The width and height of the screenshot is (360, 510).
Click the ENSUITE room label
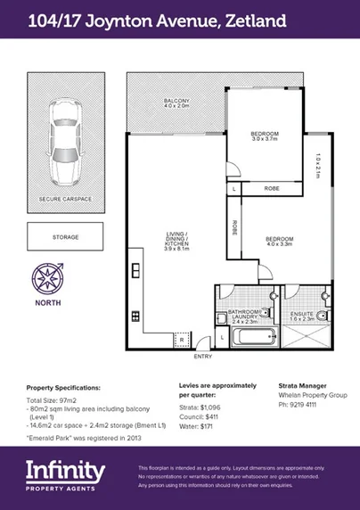tap(302, 315)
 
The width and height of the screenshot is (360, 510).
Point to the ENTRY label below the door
tap(203, 357)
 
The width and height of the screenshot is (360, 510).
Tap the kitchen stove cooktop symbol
tap(136, 315)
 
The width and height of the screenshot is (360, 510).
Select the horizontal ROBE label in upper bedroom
tap(273, 189)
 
